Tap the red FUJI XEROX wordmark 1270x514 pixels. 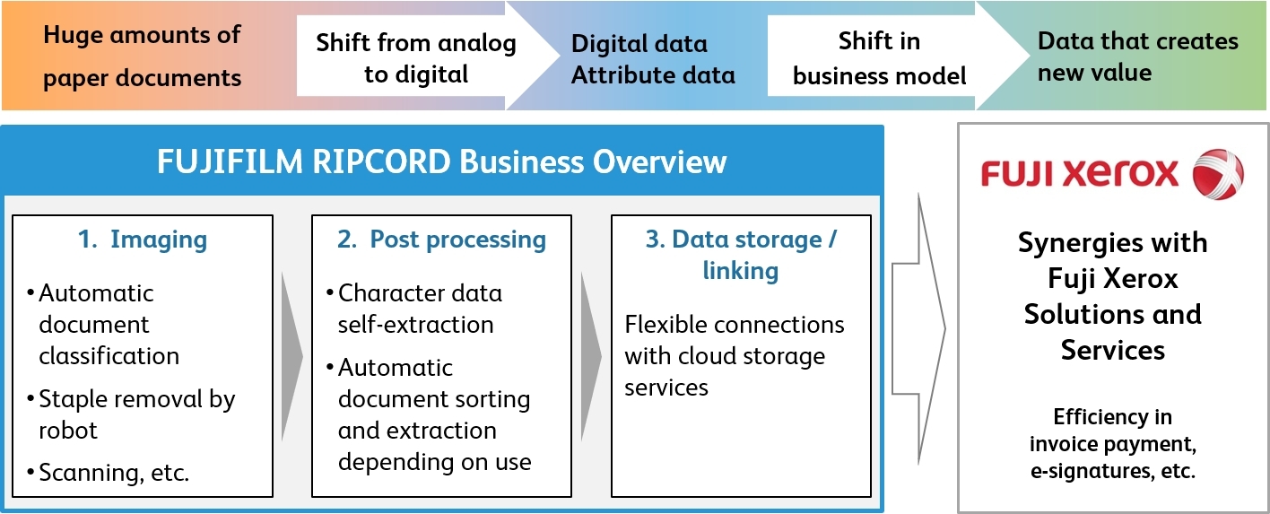click(x=1080, y=174)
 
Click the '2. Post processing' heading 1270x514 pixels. click(x=441, y=240)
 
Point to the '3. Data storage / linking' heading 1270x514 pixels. click(x=740, y=255)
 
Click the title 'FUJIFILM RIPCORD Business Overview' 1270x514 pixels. click(x=441, y=162)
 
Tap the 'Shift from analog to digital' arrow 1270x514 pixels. click(x=416, y=58)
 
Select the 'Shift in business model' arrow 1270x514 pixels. click(x=879, y=58)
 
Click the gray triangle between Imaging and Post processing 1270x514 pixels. click(x=291, y=356)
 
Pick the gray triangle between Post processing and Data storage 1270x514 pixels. click(x=591, y=356)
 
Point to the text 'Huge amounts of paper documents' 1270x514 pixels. click(x=142, y=57)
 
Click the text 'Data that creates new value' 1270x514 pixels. click(x=1137, y=56)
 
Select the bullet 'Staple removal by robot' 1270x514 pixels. click(x=136, y=414)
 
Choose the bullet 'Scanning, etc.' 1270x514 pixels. click(x=114, y=473)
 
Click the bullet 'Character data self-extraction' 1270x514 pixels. click(x=420, y=309)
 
